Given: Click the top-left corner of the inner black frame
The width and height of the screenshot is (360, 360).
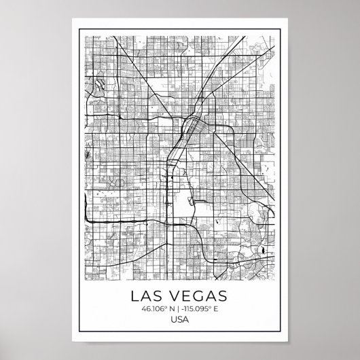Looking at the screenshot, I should [79, 29].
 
